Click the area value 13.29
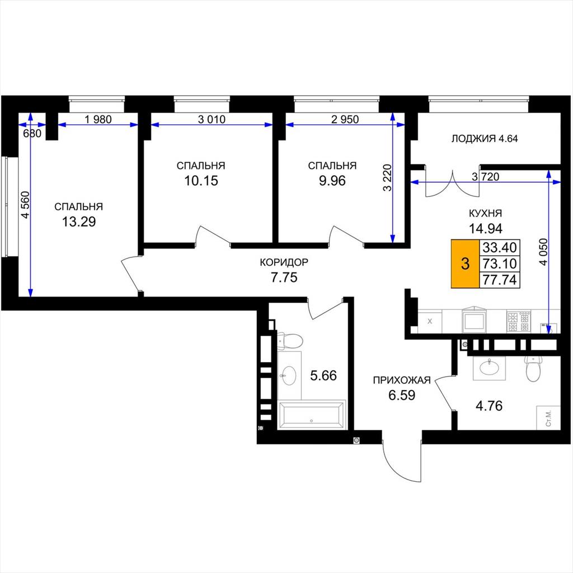click(79, 222)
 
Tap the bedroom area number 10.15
click(201, 181)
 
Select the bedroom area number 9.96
click(332, 181)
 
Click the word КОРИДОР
click(284, 262)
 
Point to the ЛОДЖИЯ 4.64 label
click(485, 139)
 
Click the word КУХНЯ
click(485, 213)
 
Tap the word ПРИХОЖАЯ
click(402, 381)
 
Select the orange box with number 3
click(465, 264)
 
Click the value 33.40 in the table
click(500, 247)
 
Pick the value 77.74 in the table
click(500, 280)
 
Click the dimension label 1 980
click(98, 119)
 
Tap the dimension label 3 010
click(212, 119)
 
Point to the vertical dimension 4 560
click(25, 205)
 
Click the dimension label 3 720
click(485, 177)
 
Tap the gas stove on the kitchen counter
click(519, 321)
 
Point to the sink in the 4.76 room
click(489, 368)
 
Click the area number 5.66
click(323, 375)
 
